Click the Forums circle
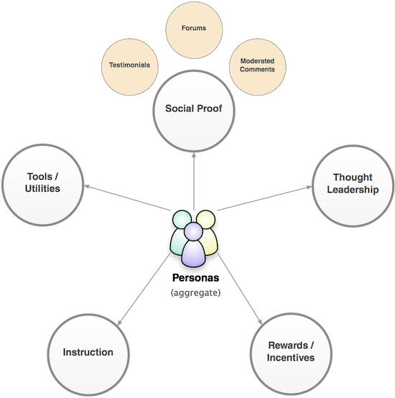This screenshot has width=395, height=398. point(194,29)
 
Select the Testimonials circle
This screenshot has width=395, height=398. point(130,67)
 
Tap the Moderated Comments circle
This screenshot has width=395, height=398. point(258,67)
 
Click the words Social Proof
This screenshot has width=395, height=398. point(194,108)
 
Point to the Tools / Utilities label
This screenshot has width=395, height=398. point(42,182)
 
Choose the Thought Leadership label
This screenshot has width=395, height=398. point(353,183)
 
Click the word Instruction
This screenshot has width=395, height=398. point(88,352)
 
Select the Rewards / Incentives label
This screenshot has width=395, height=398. point(291,351)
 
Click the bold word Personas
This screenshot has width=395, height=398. point(195,278)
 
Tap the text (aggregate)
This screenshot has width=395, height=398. point(195,292)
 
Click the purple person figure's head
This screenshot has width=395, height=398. point(194,231)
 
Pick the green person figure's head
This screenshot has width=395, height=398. point(182,220)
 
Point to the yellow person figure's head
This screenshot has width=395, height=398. point(206,219)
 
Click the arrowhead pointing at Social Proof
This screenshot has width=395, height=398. point(194,155)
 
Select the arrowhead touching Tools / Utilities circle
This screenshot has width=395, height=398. point(87,187)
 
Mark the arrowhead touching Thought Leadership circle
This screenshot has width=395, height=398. point(309,188)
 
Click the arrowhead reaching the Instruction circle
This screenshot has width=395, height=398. point(119,323)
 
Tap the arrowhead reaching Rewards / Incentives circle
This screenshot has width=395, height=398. point(260,322)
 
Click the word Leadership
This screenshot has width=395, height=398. point(353,190)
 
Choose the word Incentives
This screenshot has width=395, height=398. point(291,357)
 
